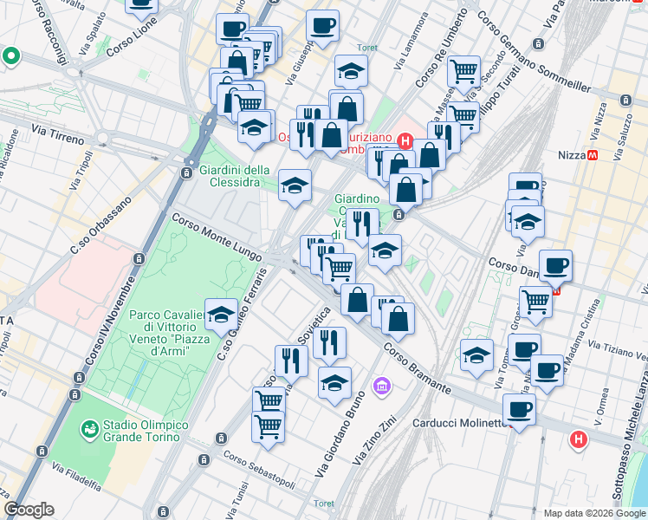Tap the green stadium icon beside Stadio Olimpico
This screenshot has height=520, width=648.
pyautogui.click(x=88, y=429)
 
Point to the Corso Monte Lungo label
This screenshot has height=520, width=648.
pyautogui.click(x=216, y=236)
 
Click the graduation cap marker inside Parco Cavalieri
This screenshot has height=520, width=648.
pyautogui.click(x=222, y=314)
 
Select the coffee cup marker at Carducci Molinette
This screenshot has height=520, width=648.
pyautogui.click(x=519, y=407)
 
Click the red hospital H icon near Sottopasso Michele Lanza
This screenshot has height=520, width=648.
pyautogui.click(x=579, y=440)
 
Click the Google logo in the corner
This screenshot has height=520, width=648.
pyautogui.click(x=29, y=510)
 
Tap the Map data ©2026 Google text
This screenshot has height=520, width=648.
pyautogui.click(x=593, y=513)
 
